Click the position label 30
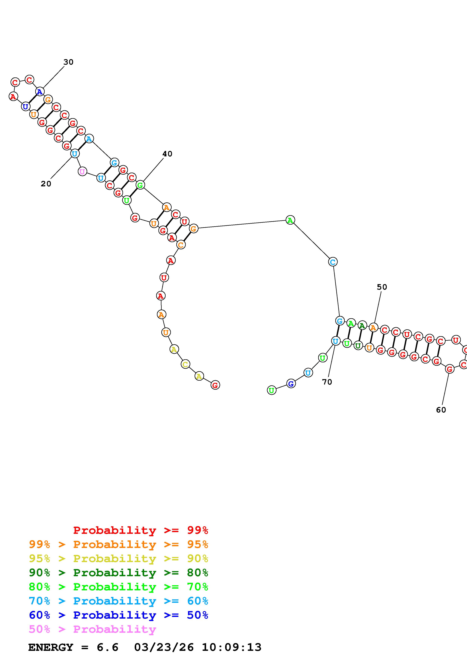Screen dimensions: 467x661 click(69, 62)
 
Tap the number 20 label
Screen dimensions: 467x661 click(46, 184)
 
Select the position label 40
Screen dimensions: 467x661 click(167, 154)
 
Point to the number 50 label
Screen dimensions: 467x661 click(382, 287)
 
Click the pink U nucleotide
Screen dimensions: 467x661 click(82, 172)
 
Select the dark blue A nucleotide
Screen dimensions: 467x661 click(40, 92)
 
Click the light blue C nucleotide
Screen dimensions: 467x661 click(333, 262)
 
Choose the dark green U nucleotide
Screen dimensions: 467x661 click(358, 345)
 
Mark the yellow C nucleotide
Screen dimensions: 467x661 click(185, 364)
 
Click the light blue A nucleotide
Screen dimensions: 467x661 click(89, 139)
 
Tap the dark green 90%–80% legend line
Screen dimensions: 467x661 click(118, 573)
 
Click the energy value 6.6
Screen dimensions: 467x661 click(107, 647)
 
